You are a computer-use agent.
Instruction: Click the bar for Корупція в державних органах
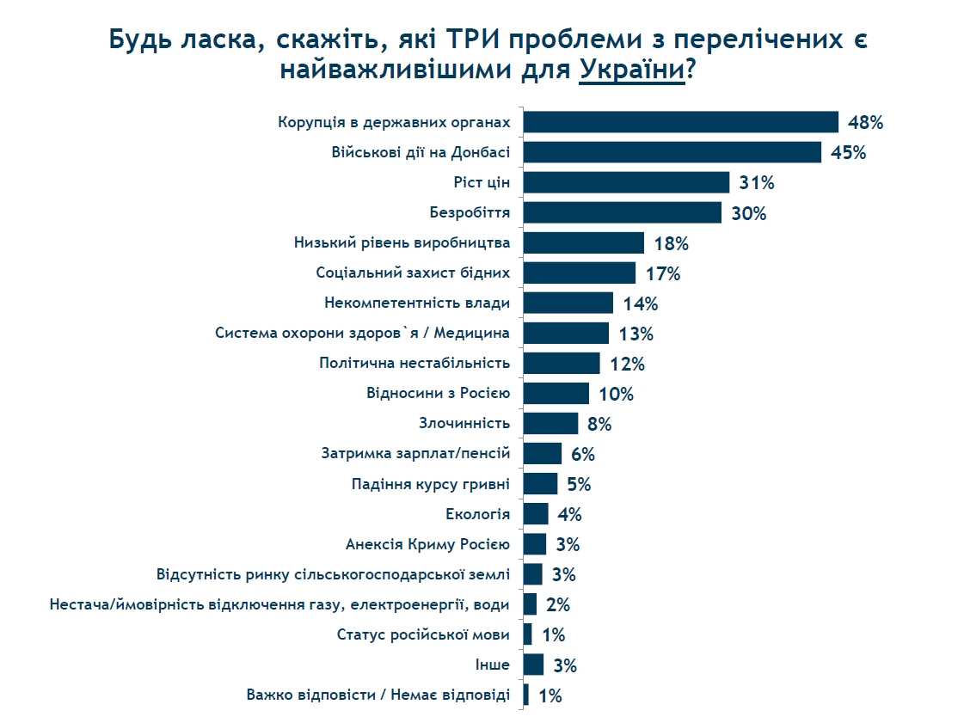click(680, 122)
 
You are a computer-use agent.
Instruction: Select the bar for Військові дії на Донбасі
click(672, 152)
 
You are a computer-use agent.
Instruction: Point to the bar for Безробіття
click(622, 212)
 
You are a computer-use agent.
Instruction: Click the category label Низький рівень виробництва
click(402, 242)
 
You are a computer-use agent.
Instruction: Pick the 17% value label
click(662, 273)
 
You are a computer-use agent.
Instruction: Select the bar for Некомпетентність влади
click(568, 303)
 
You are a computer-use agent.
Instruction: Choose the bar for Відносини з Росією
click(556, 394)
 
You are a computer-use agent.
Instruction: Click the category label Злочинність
click(464, 423)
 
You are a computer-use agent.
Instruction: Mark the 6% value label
click(582, 454)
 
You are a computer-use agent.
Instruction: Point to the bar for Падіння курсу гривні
click(540, 483)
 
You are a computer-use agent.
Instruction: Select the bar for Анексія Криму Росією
click(534, 544)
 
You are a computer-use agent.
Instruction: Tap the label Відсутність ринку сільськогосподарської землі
click(333, 574)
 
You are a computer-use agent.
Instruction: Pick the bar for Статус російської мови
click(527, 634)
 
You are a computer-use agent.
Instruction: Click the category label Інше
click(492, 665)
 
